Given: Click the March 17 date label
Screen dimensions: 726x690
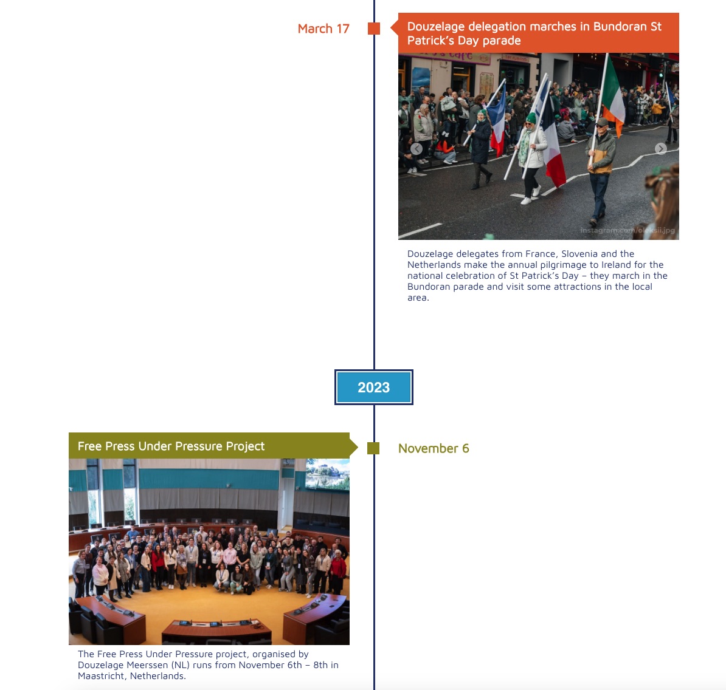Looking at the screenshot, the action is click(323, 29).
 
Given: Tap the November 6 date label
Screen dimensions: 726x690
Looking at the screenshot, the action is click(434, 448).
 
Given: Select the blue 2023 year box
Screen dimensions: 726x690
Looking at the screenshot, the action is click(374, 387).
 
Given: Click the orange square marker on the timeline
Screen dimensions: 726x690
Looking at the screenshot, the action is click(374, 29).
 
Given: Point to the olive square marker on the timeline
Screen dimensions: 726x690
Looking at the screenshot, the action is click(373, 448).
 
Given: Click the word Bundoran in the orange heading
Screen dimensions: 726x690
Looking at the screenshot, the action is click(620, 26).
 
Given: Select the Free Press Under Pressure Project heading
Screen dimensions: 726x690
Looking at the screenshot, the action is click(171, 446).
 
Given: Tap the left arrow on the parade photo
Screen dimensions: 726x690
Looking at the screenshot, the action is click(417, 148).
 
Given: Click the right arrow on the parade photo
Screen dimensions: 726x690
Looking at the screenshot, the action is click(661, 148).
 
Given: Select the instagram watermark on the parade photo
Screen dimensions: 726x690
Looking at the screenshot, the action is click(627, 230).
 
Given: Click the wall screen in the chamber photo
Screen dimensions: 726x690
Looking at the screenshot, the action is click(327, 474).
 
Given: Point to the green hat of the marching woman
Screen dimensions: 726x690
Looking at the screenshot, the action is click(531, 118).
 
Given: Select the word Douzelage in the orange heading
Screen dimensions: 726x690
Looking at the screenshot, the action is click(437, 26).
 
